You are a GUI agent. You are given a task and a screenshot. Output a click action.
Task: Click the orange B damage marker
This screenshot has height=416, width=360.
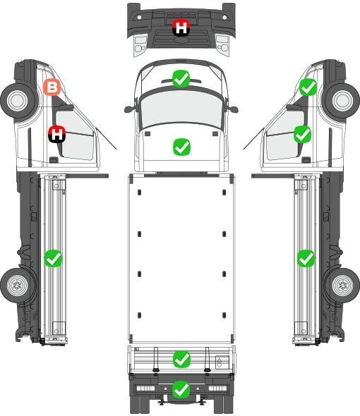tap(52, 87)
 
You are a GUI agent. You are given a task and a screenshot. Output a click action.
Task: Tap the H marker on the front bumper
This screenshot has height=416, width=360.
tap(181, 27)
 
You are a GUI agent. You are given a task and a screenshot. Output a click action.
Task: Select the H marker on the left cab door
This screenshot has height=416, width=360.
tap(57, 134)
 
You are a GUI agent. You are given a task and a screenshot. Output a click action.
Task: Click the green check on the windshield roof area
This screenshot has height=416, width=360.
tap(181, 78)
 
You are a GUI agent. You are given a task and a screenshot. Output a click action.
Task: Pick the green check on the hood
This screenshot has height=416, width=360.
tap(181, 147)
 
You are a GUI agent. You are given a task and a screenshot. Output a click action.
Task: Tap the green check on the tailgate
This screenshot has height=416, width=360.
tap(181, 359)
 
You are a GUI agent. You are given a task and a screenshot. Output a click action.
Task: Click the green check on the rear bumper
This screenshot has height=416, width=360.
tap(181, 389)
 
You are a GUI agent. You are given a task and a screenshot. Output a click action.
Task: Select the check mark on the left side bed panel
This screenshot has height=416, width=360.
tap(53, 258)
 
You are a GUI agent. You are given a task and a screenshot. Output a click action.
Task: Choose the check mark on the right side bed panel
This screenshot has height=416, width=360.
tap(306, 258)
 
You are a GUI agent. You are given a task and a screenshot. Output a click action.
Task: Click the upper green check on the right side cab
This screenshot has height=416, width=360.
tap(308, 87)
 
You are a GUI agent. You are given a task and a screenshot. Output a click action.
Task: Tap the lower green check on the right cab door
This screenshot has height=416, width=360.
tap(302, 134)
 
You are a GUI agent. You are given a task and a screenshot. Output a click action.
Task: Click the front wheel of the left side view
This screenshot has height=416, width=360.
tap(18, 101)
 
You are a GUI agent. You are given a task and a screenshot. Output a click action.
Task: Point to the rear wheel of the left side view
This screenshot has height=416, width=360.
tap(17, 285)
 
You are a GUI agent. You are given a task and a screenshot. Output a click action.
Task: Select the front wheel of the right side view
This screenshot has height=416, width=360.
tap(342, 101)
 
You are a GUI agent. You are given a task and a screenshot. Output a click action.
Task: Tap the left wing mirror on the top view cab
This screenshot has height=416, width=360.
tap(130, 109)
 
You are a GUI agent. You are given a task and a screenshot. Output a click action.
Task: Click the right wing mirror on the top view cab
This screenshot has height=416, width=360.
tap(233, 109)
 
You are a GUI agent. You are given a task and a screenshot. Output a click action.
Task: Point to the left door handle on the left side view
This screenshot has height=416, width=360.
tap(54, 160)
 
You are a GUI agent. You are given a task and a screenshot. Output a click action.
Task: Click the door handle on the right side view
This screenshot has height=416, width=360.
tap(306, 160)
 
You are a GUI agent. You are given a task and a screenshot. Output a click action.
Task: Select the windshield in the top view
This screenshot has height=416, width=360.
tap(181, 109)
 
